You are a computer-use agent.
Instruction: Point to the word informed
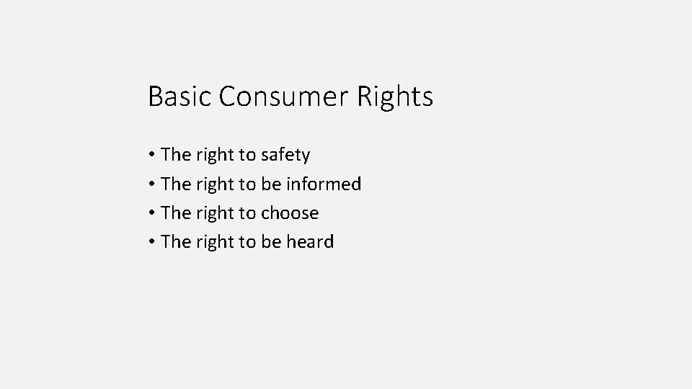(324, 184)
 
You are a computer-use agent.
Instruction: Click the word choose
(290, 213)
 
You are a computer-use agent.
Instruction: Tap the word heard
(310, 242)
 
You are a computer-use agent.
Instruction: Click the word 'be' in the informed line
(271, 184)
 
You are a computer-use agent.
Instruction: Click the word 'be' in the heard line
(271, 242)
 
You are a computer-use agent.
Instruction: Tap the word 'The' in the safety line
(175, 155)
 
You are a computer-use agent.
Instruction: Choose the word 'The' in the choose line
(175, 213)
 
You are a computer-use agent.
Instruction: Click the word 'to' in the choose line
(247, 213)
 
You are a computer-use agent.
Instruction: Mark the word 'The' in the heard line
(175, 242)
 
